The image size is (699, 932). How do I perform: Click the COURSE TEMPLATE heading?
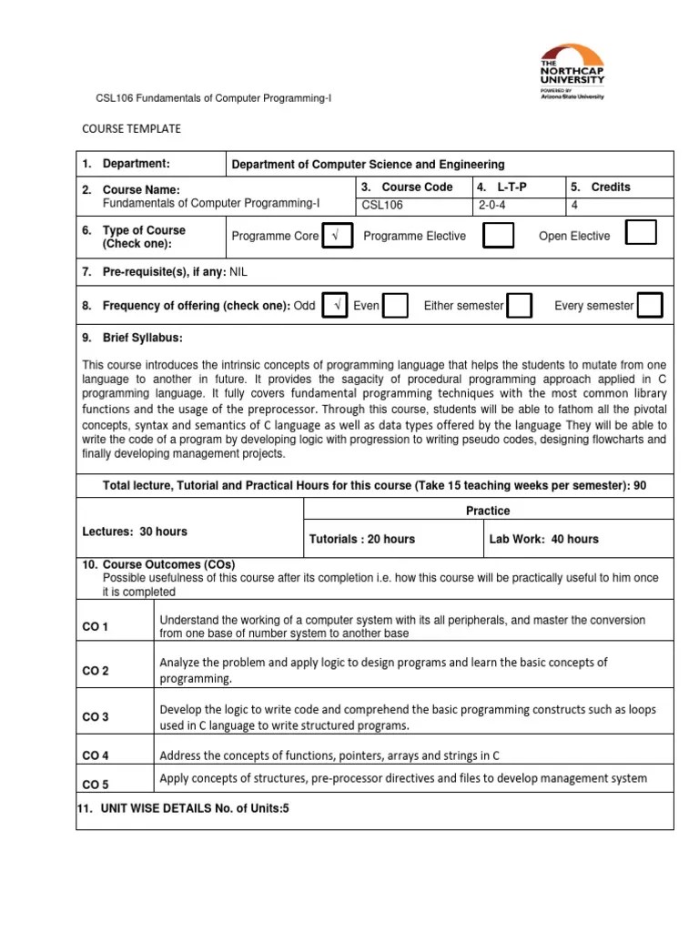click(x=131, y=128)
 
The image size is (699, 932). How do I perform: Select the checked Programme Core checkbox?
click(x=336, y=236)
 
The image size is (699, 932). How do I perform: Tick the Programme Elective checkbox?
click(x=497, y=236)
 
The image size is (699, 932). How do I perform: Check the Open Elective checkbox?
click(x=641, y=234)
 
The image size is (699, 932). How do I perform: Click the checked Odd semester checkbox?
click(x=336, y=306)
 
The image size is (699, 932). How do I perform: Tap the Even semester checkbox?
click(x=396, y=306)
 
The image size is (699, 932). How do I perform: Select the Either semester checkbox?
click(x=520, y=306)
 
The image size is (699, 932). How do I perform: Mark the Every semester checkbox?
click(x=650, y=306)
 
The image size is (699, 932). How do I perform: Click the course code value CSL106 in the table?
click(x=382, y=206)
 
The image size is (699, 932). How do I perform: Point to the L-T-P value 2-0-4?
click(x=495, y=206)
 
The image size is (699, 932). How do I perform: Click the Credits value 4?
click(x=574, y=206)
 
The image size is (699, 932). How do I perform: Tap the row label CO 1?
click(x=96, y=627)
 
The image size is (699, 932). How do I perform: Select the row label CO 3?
click(x=96, y=717)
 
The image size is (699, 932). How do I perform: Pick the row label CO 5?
click(x=96, y=784)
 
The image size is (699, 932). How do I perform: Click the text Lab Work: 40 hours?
click(x=544, y=539)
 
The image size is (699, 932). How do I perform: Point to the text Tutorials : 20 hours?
click(x=362, y=539)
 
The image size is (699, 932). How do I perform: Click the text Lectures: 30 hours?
click(x=135, y=532)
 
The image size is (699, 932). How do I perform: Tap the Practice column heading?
click(x=488, y=511)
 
